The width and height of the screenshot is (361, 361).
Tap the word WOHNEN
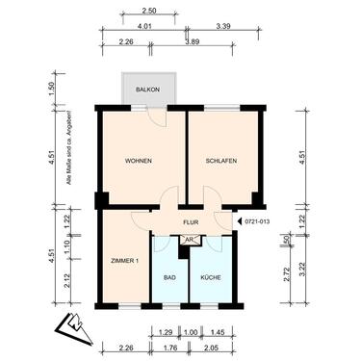[140, 161]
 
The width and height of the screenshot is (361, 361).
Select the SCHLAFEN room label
[221, 161]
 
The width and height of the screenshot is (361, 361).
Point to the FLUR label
[191, 220]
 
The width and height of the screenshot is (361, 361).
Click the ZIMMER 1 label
[125, 260]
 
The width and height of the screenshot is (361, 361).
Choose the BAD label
[170, 277]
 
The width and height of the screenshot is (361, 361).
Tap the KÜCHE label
[211, 277]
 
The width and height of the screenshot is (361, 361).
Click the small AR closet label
[190, 238]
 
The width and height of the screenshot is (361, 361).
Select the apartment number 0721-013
[259, 220]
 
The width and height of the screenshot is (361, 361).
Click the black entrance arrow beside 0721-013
[239, 220]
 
